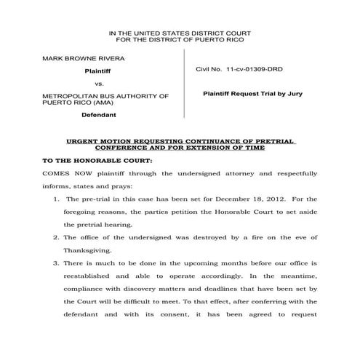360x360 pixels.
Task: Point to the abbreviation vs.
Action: tap(100, 84)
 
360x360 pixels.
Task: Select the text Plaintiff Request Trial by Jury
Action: tap(252, 94)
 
